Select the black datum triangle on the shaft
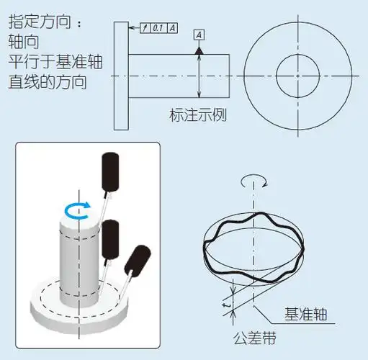(198, 50)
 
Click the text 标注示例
(197, 114)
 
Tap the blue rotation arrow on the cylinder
(77, 209)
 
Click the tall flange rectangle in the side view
(120, 75)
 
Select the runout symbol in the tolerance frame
(145, 28)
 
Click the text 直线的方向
(47, 81)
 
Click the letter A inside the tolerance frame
(174, 28)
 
